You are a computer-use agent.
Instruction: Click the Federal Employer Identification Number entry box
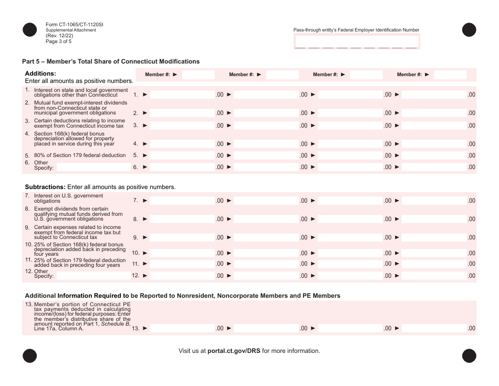357,41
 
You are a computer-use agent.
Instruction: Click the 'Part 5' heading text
111,61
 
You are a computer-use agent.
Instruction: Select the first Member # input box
198,75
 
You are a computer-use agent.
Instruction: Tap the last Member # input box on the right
450,75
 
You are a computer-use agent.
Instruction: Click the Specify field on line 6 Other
93,168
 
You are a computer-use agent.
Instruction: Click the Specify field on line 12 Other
93,276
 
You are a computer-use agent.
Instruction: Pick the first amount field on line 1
182,95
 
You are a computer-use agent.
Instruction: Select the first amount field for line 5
182,155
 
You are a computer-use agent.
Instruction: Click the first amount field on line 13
182,329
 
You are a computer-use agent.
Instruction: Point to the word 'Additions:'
40,74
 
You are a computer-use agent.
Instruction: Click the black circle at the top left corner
30,30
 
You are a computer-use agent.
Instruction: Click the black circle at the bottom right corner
469,356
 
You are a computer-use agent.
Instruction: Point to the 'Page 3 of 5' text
58,41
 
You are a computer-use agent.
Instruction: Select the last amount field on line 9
434,237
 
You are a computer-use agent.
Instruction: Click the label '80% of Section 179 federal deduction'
80,155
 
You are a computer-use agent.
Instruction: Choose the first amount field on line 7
182,201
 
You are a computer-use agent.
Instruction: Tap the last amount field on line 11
434,264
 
